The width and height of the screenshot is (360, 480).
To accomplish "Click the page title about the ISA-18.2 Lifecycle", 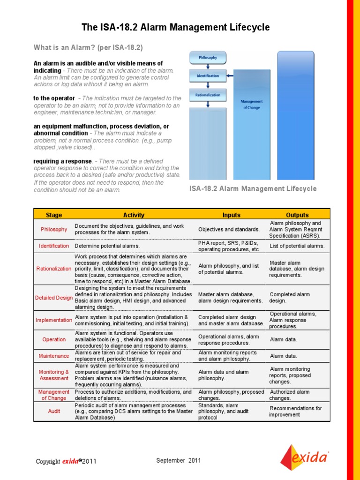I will (x=176, y=28).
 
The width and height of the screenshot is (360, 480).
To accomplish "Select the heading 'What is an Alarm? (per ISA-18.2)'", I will (x=88, y=48).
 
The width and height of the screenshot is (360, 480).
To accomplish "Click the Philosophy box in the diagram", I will (x=208, y=58).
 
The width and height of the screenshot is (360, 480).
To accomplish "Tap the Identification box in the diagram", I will (x=208, y=75).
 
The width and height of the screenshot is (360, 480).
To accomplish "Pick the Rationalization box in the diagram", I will (x=208, y=95).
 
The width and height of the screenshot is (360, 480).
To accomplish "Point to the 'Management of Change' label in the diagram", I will (x=251, y=104).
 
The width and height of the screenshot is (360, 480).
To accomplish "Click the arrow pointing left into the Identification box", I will (x=229, y=75).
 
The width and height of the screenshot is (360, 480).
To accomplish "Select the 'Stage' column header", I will (x=54, y=215).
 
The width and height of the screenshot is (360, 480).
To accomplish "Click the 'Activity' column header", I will (x=134, y=215).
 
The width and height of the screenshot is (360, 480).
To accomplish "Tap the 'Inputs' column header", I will (x=231, y=215).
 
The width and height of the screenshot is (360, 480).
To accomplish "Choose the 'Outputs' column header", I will (x=297, y=215).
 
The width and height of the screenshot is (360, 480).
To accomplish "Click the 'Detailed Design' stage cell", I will (x=54, y=298).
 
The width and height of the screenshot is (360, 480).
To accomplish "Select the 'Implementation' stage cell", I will (x=54, y=320).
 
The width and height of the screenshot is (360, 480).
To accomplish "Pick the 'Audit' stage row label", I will (x=54, y=411).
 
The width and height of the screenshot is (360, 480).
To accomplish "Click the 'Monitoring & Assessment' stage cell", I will (x=54, y=375).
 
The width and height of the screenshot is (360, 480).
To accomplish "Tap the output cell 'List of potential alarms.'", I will (x=297, y=246).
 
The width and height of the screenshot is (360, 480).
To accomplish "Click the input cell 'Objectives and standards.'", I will (x=229, y=230).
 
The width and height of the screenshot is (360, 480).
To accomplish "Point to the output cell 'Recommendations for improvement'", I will (x=295, y=412).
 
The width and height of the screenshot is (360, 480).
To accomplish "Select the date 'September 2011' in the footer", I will (x=179, y=460).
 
